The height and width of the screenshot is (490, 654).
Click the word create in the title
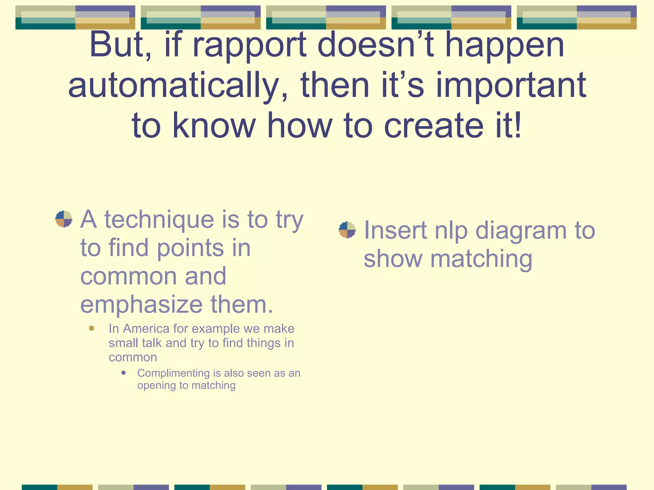(434, 126)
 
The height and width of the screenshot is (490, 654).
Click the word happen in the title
(505, 46)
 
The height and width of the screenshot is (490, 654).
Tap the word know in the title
(214, 126)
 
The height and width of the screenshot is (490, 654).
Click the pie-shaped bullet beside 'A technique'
(64, 219)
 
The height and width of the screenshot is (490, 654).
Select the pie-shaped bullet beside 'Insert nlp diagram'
(347, 230)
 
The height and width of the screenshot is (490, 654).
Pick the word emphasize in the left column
(141, 304)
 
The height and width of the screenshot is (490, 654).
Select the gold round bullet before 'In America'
(92, 328)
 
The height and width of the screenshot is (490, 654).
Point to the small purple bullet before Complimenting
(124, 373)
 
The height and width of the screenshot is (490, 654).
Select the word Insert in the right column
(395, 230)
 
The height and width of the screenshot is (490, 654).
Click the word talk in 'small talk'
(151, 343)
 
